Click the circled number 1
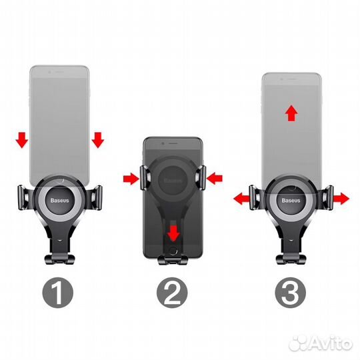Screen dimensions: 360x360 (57, 293)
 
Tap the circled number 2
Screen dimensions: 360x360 (172, 293)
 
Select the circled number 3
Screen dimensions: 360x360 (291, 293)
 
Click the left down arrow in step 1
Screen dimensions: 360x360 (22, 140)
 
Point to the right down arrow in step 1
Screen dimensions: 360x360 (98, 140)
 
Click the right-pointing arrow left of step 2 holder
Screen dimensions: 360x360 (131, 179)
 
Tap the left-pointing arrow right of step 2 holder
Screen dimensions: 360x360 (215, 179)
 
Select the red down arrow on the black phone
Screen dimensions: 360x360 (173, 233)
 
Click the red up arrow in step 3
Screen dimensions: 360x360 (291, 113)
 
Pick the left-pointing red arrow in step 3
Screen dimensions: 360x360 (241, 199)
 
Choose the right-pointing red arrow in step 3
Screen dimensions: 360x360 (341, 199)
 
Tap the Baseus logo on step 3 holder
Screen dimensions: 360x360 (291, 201)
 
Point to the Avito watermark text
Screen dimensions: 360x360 (321, 343)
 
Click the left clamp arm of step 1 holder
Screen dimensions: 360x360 (23, 198)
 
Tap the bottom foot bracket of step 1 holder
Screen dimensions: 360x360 (60, 259)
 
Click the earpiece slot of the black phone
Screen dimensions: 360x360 (173, 143)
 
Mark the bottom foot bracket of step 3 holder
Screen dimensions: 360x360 (291, 259)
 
